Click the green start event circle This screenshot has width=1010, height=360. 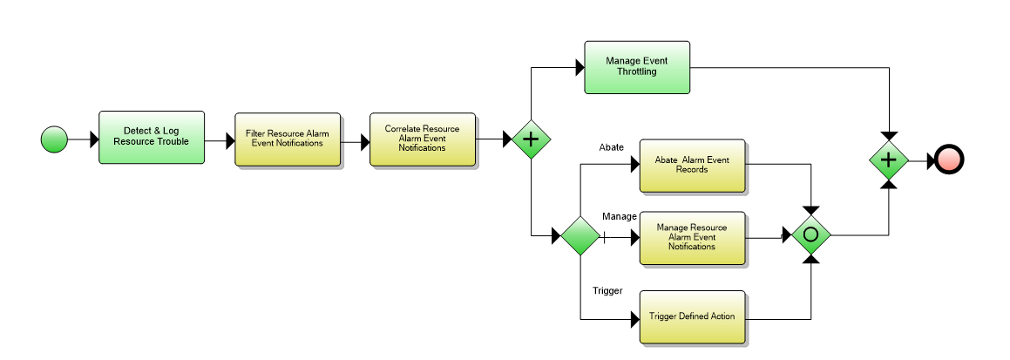54,139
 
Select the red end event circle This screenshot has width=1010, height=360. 949,160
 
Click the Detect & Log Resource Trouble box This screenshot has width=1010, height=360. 152,137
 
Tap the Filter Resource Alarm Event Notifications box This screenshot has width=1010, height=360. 287,139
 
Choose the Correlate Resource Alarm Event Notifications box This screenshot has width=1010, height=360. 422,139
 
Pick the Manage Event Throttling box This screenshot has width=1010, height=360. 637,67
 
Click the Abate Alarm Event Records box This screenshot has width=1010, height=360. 693,165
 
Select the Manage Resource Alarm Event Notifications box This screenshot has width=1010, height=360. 693,237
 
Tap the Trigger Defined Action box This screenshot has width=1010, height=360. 693,316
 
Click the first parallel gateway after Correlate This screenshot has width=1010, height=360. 531,139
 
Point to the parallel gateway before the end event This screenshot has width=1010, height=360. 889,160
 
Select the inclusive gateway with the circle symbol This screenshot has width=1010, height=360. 811,235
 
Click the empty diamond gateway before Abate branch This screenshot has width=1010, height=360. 580,235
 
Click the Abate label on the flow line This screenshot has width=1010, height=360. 611,147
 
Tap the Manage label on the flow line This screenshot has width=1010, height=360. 620,216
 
